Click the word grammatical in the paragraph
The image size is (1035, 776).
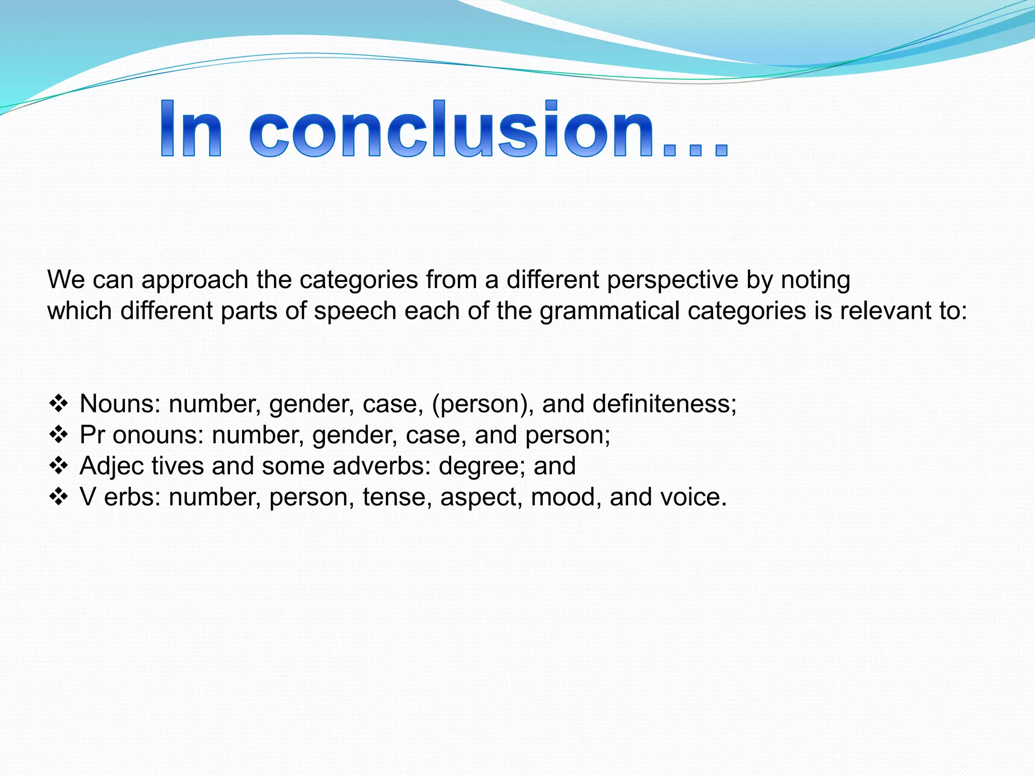click(x=609, y=311)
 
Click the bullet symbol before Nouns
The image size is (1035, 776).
click(x=59, y=403)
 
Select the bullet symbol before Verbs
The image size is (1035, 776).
click(x=59, y=497)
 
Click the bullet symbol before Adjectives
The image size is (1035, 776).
click(x=59, y=465)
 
